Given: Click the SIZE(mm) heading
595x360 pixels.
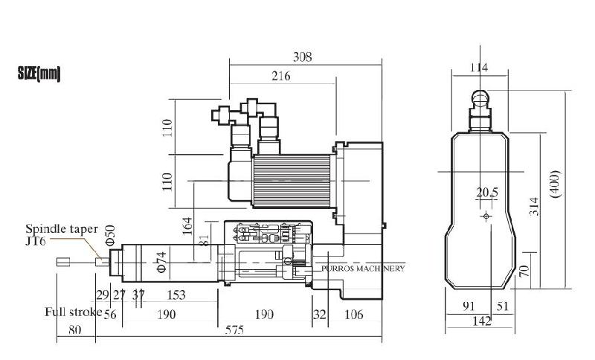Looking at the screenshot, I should click(39, 74).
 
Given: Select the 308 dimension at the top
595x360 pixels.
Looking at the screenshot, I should click(302, 57).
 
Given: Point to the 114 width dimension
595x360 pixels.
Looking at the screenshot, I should click(479, 67).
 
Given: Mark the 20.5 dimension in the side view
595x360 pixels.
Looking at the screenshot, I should click(487, 193).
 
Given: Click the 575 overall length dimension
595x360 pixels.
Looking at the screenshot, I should click(234, 331).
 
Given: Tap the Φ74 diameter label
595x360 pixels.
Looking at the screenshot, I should click(161, 263).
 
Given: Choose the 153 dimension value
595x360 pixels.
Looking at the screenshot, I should click(176, 295).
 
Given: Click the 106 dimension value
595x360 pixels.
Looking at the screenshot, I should click(354, 315).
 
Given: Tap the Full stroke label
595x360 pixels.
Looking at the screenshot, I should click(72, 312).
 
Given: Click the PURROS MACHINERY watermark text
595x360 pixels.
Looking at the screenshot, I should click(364, 268).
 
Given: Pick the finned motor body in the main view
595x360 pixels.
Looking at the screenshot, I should click(292, 181).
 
